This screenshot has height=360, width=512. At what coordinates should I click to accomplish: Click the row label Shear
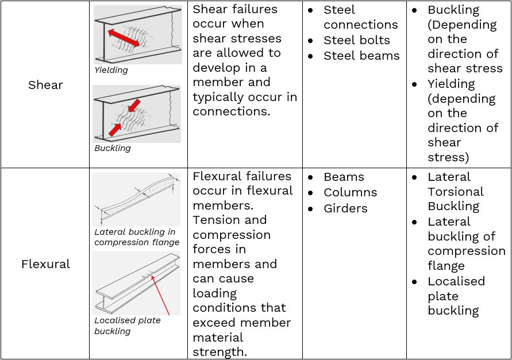[x=45, y=85]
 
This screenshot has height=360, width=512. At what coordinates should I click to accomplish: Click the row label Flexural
[x=45, y=264]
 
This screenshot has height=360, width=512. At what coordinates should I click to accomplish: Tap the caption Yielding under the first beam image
[x=111, y=70]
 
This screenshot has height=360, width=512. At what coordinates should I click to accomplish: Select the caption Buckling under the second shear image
[x=113, y=148]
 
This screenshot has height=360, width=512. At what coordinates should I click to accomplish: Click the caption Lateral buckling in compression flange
[x=137, y=237]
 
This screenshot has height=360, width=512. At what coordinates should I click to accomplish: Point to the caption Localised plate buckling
[x=128, y=326]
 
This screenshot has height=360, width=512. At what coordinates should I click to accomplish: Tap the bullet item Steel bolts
[x=356, y=40]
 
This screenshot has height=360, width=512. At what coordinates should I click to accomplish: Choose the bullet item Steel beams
[x=361, y=56]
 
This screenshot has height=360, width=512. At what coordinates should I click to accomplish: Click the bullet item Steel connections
[x=360, y=17]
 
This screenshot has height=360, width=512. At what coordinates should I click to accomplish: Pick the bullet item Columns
[x=350, y=192]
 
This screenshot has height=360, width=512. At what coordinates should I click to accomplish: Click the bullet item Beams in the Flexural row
[x=344, y=177]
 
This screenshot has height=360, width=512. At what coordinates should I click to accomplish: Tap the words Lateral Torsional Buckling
[x=455, y=191]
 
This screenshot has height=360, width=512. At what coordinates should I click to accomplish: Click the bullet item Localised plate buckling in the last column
[x=456, y=296]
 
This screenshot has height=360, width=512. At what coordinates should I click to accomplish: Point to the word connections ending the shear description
[x=231, y=111]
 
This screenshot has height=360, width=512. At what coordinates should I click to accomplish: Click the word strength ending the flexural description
[x=220, y=352]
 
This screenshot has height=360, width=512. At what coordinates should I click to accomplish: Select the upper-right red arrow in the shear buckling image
[x=134, y=106]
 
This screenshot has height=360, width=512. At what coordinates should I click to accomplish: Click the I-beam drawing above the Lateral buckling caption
[x=136, y=198]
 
